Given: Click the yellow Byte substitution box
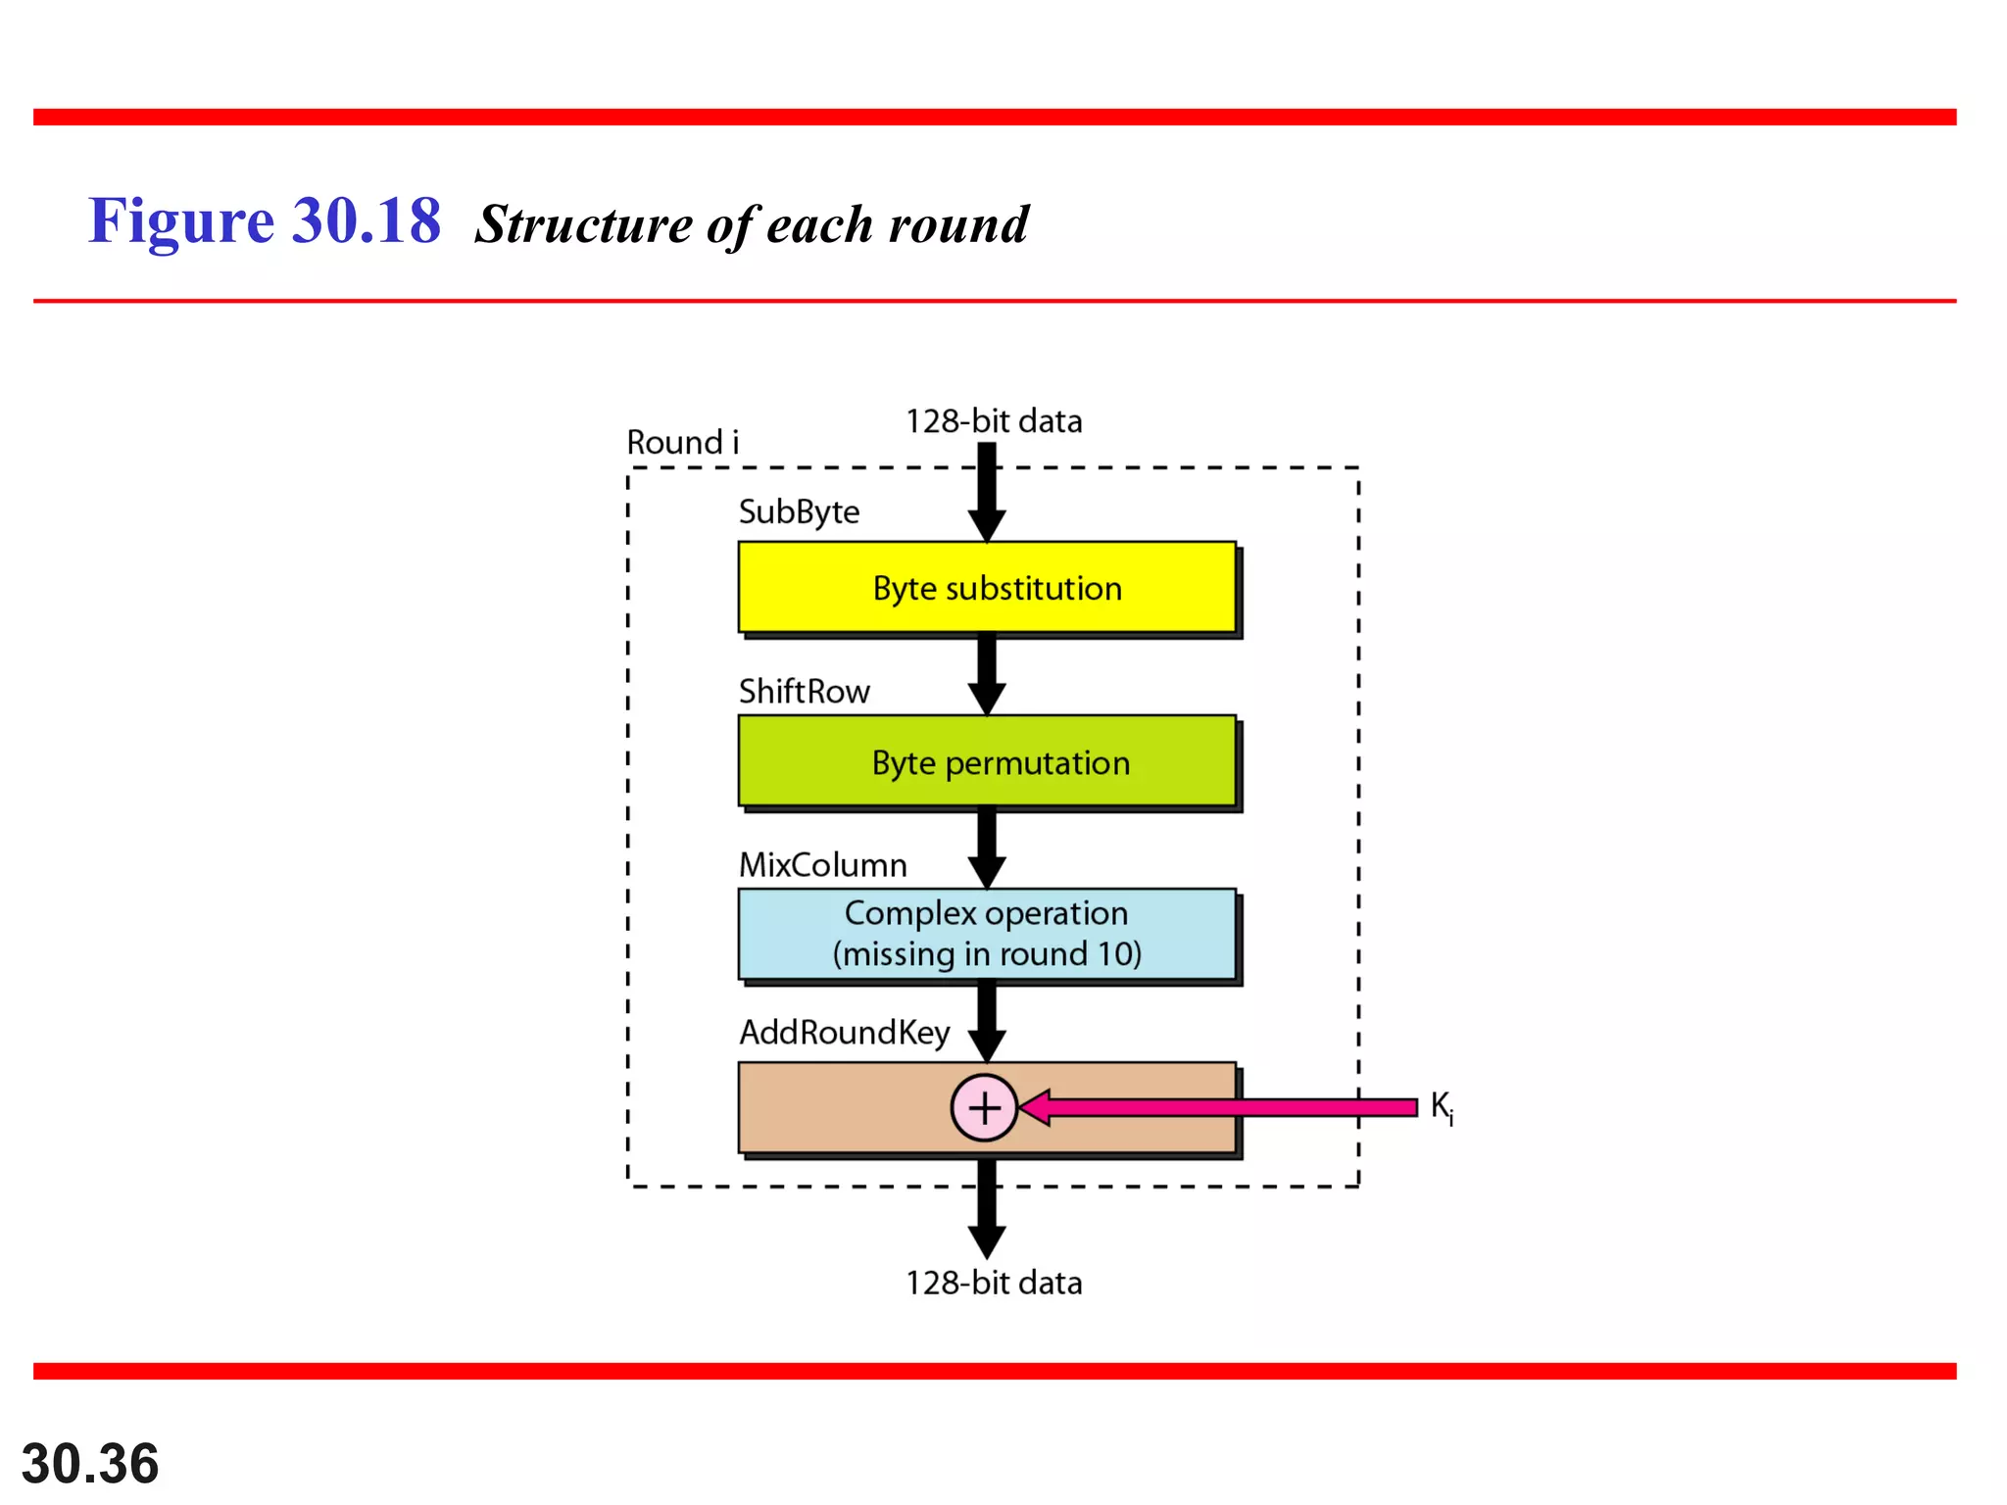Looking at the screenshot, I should coord(986,587).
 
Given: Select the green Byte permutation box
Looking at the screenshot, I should coord(986,761).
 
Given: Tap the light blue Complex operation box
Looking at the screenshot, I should coord(986,933).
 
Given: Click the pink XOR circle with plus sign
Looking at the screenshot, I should coord(984,1107).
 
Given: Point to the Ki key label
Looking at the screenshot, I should coord(1441,1107).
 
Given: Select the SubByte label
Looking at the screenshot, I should coord(799,512).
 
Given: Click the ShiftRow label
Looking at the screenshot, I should coord(804,692).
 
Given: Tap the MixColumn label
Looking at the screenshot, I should coord(822,865).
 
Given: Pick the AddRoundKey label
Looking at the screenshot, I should coord(844,1033).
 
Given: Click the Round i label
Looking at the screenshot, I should coord(682,443).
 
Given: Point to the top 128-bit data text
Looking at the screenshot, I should coord(993,421).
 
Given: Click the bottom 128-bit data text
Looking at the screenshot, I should coord(993,1284).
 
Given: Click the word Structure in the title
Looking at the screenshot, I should coord(583,224).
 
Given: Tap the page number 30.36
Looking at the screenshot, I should coord(90,1464).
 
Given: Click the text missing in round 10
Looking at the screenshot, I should coord(987,954).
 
